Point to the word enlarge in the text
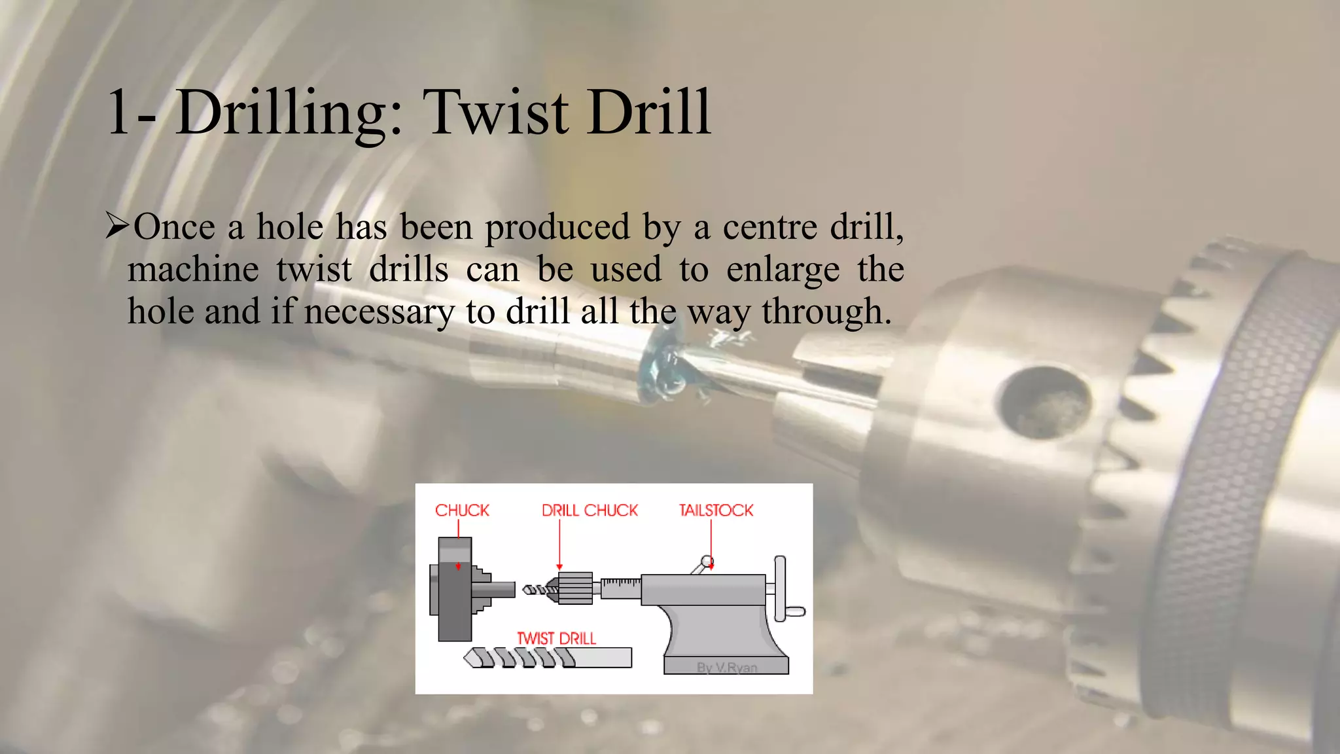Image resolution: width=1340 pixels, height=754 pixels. point(783,270)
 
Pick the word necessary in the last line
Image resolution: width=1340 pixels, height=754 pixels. point(379,312)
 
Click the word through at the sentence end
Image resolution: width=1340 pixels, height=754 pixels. point(826,312)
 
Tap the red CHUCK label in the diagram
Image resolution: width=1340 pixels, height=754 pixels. point(462,511)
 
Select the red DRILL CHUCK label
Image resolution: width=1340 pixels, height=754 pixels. point(590,511)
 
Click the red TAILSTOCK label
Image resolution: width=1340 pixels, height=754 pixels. point(716,511)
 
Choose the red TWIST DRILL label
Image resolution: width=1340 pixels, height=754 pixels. point(557,638)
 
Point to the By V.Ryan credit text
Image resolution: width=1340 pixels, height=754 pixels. point(727,668)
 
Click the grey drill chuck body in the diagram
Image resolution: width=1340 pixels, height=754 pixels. point(575,588)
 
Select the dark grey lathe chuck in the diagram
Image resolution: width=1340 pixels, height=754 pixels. point(454,589)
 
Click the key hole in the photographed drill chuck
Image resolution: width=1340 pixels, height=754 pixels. point(1044,401)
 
